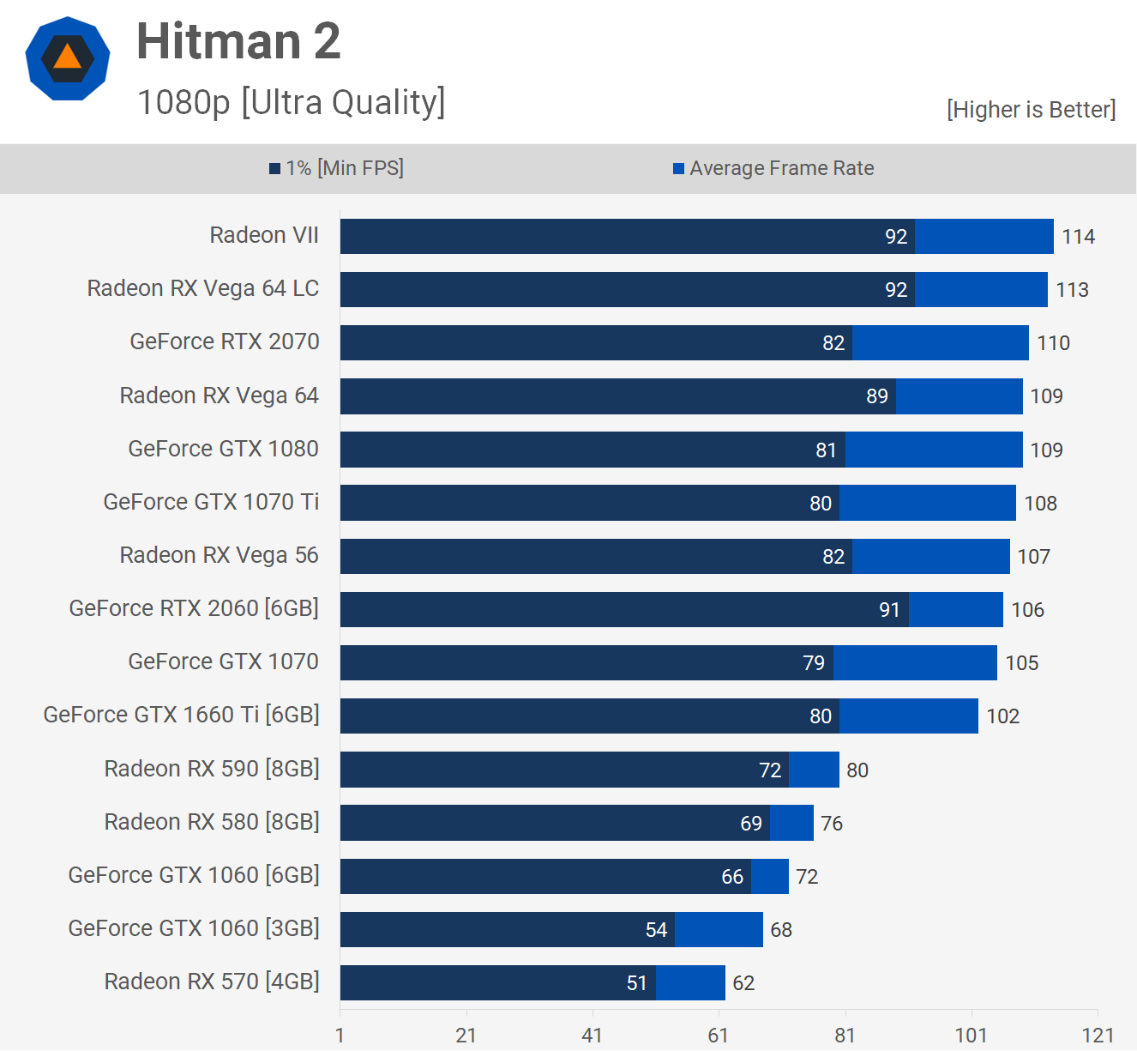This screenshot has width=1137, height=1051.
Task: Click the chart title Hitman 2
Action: (x=238, y=41)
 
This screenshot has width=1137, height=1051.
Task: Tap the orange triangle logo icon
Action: (x=67, y=58)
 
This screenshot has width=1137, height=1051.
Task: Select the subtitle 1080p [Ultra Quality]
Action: (x=291, y=102)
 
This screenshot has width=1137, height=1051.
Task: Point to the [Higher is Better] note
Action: (x=1031, y=110)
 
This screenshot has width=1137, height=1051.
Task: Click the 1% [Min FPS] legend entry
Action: (x=344, y=168)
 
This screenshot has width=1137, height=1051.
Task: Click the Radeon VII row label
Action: (x=264, y=235)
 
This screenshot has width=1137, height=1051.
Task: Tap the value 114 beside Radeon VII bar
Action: (x=1078, y=237)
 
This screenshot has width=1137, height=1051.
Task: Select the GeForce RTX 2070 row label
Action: (x=225, y=341)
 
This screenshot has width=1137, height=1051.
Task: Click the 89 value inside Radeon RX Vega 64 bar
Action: (x=876, y=396)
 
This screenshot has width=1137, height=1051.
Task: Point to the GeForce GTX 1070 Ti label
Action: (x=211, y=502)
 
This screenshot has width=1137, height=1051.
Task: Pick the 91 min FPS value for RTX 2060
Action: (x=889, y=610)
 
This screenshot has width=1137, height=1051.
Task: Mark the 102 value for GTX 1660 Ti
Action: (x=1002, y=716)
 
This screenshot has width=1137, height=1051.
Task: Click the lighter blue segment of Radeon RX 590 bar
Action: (x=814, y=770)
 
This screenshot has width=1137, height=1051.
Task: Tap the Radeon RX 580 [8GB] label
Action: (x=212, y=822)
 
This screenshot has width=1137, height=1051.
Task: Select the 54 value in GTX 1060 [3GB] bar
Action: (x=656, y=930)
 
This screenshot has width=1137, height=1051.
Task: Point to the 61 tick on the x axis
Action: (x=719, y=1036)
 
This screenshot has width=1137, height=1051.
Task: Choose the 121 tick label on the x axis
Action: (x=1098, y=1036)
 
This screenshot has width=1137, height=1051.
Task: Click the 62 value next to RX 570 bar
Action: (x=743, y=983)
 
